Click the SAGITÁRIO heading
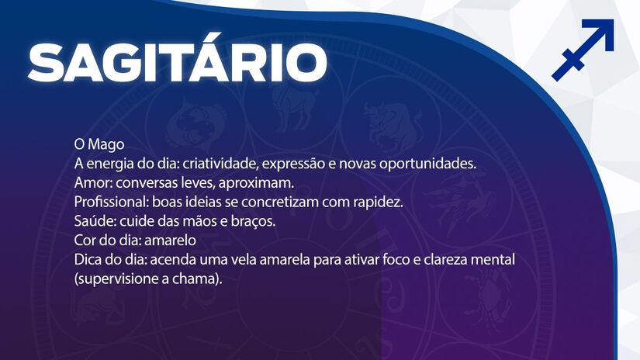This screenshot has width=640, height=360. coord(177,61)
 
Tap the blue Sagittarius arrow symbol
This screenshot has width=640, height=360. coord(583,50)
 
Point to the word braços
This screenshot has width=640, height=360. coord(253,222)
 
